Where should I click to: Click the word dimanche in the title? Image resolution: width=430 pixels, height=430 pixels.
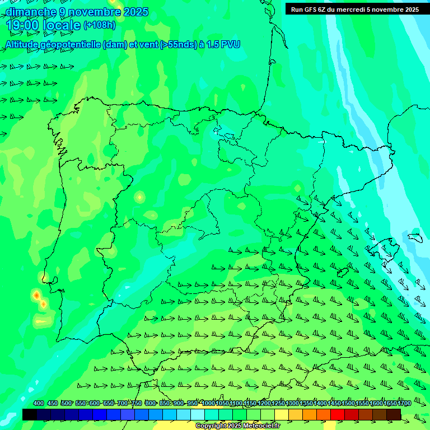31,12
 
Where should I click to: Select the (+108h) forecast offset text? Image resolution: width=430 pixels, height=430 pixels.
99,25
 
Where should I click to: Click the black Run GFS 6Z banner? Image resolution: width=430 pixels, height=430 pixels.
354,10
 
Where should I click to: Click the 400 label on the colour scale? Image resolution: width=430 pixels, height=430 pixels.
39,403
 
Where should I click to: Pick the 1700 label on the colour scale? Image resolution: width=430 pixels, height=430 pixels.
404,403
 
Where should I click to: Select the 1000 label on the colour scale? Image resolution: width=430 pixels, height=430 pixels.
208,403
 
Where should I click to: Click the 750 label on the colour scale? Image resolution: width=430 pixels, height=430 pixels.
137,403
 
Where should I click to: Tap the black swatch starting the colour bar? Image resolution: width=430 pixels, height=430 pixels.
30,414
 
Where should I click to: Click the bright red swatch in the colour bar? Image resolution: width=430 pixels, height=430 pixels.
338,414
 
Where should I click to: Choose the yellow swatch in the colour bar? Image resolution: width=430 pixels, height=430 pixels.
282,414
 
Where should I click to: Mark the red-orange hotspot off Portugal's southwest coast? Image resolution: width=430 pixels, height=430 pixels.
36,295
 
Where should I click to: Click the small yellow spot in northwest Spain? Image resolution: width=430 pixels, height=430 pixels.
139,197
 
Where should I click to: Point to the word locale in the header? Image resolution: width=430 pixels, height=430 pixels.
61,25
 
